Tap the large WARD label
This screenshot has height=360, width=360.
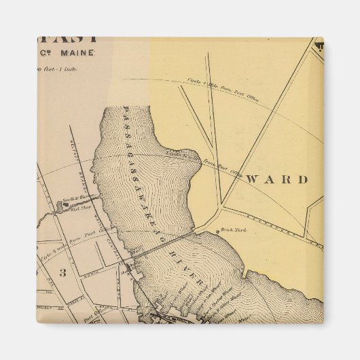[x=277, y=179]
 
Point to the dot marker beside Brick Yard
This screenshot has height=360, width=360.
[x=218, y=231]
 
